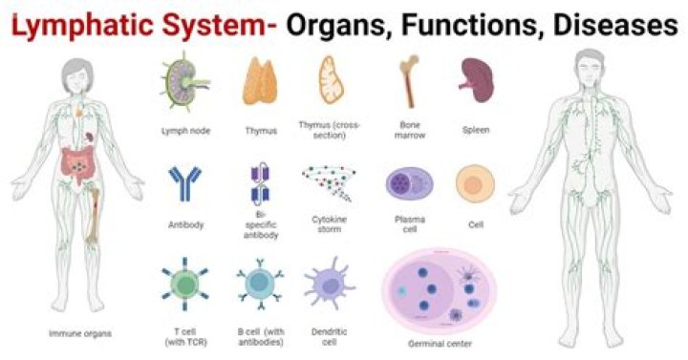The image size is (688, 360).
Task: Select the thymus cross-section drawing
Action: click(x=330, y=80)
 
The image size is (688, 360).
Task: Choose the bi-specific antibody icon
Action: click(x=260, y=182)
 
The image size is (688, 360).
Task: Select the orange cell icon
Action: click(x=473, y=183)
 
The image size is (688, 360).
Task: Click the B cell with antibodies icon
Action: click(x=260, y=285)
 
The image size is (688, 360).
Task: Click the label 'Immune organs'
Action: click(x=80, y=334)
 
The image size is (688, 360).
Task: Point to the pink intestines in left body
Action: click(x=76, y=165)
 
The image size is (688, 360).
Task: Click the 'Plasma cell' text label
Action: click(x=409, y=223)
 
